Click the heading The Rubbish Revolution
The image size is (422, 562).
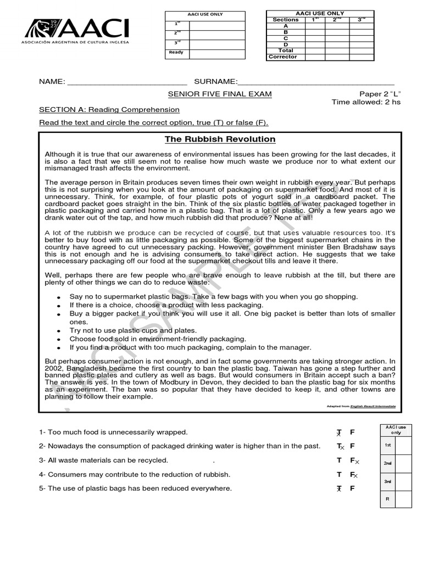point(220,139)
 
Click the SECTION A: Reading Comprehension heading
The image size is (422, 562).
point(109,110)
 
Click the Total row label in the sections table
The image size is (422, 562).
point(285,50)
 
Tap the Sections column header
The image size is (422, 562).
point(285,20)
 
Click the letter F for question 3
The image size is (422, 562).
point(352,460)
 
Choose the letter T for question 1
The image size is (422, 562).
point(339,432)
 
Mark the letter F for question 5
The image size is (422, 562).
point(352,488)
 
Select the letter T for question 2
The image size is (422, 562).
point(339,446)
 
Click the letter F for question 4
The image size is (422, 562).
point(352,474)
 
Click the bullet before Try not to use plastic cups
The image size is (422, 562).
point(58,331)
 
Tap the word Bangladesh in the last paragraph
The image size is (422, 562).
point(88,369)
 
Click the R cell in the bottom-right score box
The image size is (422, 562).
point(387,499)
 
